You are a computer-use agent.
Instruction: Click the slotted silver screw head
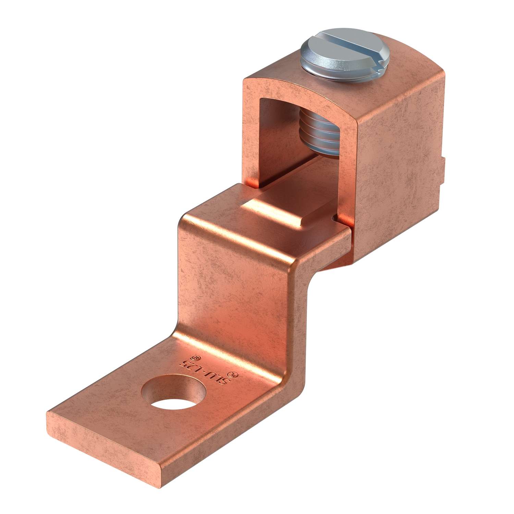coord(329,55)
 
